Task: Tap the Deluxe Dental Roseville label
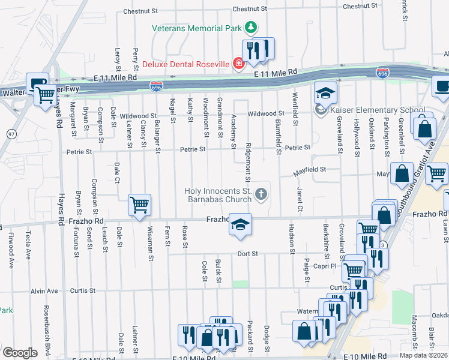click(186, 64)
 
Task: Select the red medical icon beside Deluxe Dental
click(239, 64)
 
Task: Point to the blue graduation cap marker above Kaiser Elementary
click(325, 94)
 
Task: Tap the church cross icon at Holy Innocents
click(261, 194)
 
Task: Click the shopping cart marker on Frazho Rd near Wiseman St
click(139, 205)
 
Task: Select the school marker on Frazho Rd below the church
click(240, 224)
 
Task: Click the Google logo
click(20, 352)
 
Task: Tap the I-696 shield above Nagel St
click(156, 88)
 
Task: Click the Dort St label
click(247, 254)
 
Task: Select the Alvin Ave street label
click(46, 291)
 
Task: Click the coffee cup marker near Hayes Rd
click(38, 83)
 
